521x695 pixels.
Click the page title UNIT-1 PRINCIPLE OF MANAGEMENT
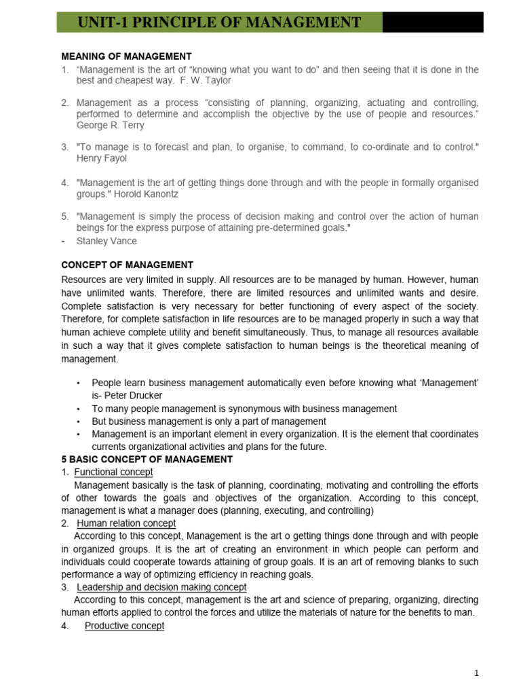[220, 22]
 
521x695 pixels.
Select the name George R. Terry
[110, 126]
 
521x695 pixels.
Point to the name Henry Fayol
[102, 158]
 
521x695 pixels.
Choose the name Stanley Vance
[107, 240]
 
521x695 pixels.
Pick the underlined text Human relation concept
[126, 523]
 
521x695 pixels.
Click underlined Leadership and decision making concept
[161, 587]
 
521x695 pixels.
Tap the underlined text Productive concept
[124, 626]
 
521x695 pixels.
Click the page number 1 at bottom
[477, 673]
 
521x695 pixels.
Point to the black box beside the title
[433, 22]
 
